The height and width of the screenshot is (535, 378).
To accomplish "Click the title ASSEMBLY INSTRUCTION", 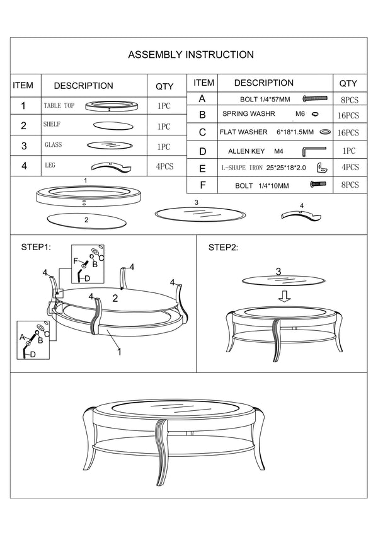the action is (191, 55).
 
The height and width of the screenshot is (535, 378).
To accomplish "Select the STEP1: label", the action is (36, 247).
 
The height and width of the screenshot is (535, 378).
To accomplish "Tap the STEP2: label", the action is (223, 248).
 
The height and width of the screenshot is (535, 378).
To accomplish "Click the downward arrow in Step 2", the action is (285, 296).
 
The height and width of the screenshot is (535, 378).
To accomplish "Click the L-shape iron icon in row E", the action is (323, 168).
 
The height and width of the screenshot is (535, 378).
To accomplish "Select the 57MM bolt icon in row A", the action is (315, 98).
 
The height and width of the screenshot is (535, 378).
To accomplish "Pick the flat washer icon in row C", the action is (325, 132).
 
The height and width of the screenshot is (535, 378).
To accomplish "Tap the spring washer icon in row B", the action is (315, 114).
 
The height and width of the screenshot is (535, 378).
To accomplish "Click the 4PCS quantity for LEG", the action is (165, 166).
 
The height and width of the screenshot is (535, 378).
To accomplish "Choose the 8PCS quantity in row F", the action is (350, 185).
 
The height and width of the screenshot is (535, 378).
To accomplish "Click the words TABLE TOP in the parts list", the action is (59, 106).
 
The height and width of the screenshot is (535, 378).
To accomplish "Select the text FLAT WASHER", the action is (244, 132).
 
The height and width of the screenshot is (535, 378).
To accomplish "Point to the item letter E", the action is (202, 168).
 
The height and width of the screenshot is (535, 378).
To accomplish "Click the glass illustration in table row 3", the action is (110, 146).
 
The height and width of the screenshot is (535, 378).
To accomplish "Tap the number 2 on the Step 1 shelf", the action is (115, 299).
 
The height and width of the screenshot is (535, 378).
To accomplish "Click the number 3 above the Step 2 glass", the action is (278, 272).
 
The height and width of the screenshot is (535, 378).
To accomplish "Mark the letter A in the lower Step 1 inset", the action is (22, 337).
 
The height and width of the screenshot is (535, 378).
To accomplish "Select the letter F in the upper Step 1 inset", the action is (76, 262).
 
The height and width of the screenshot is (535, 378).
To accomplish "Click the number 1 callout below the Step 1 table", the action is (119, 352).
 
